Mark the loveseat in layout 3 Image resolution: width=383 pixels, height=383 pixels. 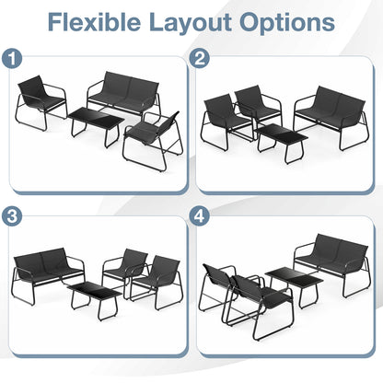48,267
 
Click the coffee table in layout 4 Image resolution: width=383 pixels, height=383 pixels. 293,281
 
